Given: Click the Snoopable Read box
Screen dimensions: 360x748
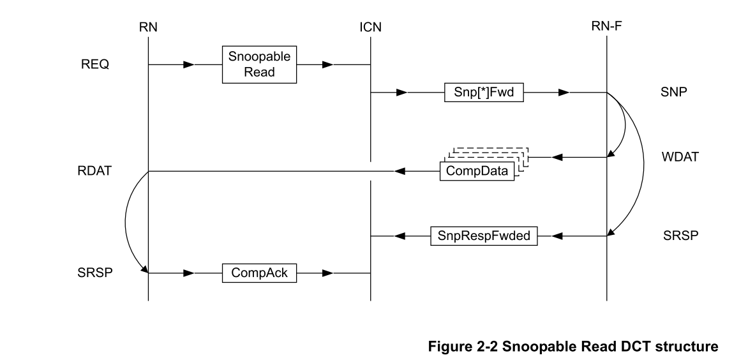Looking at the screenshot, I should pos(260,64).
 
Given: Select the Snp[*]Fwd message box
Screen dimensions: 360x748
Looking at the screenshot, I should pos(484,93).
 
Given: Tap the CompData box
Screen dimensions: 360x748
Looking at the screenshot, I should pos(477,172).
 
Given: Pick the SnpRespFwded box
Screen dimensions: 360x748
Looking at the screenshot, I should pos(484,236).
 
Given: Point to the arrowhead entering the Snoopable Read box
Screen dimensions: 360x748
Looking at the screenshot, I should pos(188,64).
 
